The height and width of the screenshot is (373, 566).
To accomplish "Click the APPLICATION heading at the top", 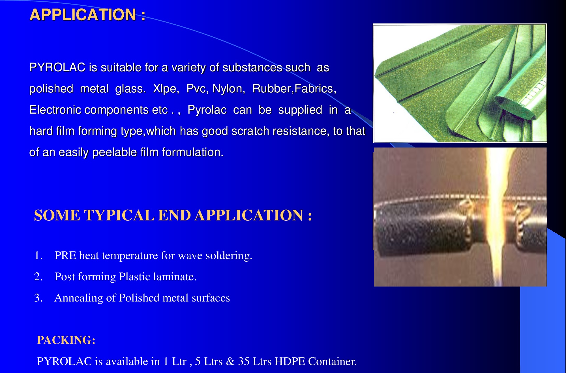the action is pyautogui.click(x=87, y=15).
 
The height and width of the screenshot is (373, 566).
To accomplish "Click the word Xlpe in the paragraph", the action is pyautogui.click(x=166, y=89).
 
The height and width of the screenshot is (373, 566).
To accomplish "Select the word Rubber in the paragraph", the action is pyautogui.click(x=272, y=89).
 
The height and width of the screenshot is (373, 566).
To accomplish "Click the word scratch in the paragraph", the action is pyautogui.click(x=250, y=131).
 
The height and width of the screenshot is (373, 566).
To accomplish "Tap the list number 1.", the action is pyautogui.click(x=38, y=255).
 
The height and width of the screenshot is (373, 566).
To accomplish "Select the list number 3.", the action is pyautogui.click(x=38, y=298).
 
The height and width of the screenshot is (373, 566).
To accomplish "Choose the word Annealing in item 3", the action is pyautogui.click(x=79, y=298).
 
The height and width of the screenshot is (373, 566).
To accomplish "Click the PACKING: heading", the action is pyautogui.click(x=66, y=340).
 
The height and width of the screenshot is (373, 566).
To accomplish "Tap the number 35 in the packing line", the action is pyautogui.click(x=244, y=361).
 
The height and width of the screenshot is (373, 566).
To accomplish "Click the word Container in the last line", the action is pyautogui.click(x=332, y=361).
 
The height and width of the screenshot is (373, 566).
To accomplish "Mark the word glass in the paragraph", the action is pyautogui.click(x=130, y=89).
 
